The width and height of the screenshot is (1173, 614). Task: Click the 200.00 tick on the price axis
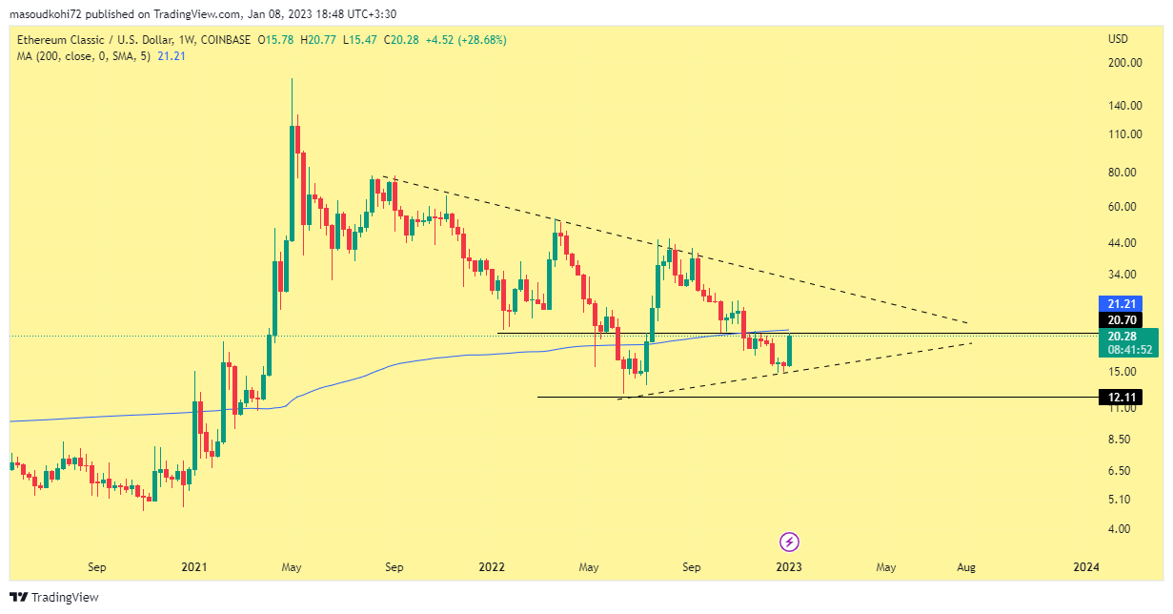tap(1124, 63)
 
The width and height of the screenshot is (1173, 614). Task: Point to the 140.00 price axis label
tap(1124, 106)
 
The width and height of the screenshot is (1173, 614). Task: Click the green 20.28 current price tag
tap(1119, 336)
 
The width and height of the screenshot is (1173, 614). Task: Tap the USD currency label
tap(1118, 39)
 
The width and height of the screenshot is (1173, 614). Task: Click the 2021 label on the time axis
tap(194, 567)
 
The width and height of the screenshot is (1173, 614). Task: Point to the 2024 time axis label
tap(1085, 567)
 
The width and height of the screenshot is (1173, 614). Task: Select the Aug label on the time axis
tap(966, 567)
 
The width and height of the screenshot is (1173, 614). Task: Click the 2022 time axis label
tap(492, 567)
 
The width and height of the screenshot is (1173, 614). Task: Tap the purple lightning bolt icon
tap(789, 542)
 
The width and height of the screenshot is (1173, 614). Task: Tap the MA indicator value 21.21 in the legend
tap(172, 56)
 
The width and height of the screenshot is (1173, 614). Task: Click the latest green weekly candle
tap(789, 350)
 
